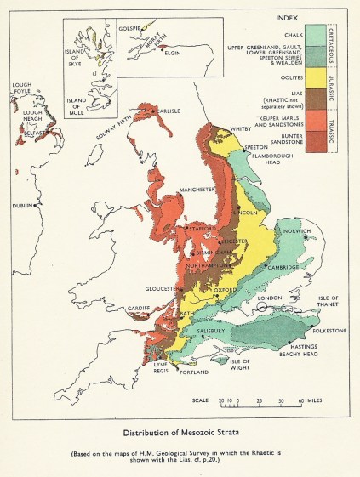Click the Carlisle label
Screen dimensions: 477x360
pos(173,111)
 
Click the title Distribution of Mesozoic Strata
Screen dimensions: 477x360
pos(178,431)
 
